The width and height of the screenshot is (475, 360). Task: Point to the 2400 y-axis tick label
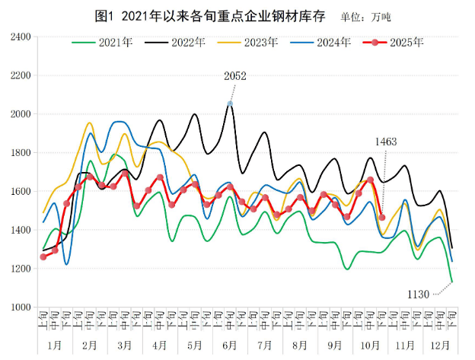click(x=19, y=37)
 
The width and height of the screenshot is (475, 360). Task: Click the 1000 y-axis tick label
click(x=19, y=307)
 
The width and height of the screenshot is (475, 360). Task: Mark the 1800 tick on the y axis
click(x=19, y=153)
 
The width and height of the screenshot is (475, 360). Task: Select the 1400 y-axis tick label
click(x=19, y=231)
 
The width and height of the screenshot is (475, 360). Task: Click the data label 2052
click(x=235, y=76)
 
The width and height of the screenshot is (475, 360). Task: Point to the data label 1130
click(x=418, y=294)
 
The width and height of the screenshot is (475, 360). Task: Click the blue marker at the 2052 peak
click(x=230, y=104)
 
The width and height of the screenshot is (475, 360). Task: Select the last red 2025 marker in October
click(x=381, y=218)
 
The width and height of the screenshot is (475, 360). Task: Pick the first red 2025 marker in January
click(x=43, y=256)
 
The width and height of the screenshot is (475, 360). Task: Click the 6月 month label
click(x=229, y=345)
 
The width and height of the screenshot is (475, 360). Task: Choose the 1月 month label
click(x=55, y=345)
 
